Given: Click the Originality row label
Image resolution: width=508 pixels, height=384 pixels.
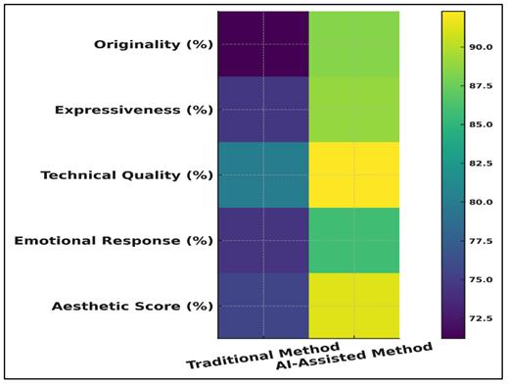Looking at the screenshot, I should pos(153,44).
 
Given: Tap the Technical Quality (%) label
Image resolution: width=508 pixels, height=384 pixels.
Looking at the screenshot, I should pos(126,175).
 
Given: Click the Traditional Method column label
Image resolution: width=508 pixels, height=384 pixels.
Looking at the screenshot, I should pos(262,357).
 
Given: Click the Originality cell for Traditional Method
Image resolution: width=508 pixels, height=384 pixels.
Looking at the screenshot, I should pos(262,44).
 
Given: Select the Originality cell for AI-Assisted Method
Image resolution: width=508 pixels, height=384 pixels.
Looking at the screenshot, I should pos(353,44).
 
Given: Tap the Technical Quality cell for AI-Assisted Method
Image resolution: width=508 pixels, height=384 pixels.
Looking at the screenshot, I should pos(353,175).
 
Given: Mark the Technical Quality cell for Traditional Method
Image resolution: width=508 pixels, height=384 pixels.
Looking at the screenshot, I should pos(262,175).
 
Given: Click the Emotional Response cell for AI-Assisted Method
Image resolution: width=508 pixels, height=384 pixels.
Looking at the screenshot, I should pos(353,240).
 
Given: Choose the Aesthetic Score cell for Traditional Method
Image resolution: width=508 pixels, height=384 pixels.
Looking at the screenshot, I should pos(262,306).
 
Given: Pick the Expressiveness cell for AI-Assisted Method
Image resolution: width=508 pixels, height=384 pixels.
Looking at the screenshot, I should pos(353,110).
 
